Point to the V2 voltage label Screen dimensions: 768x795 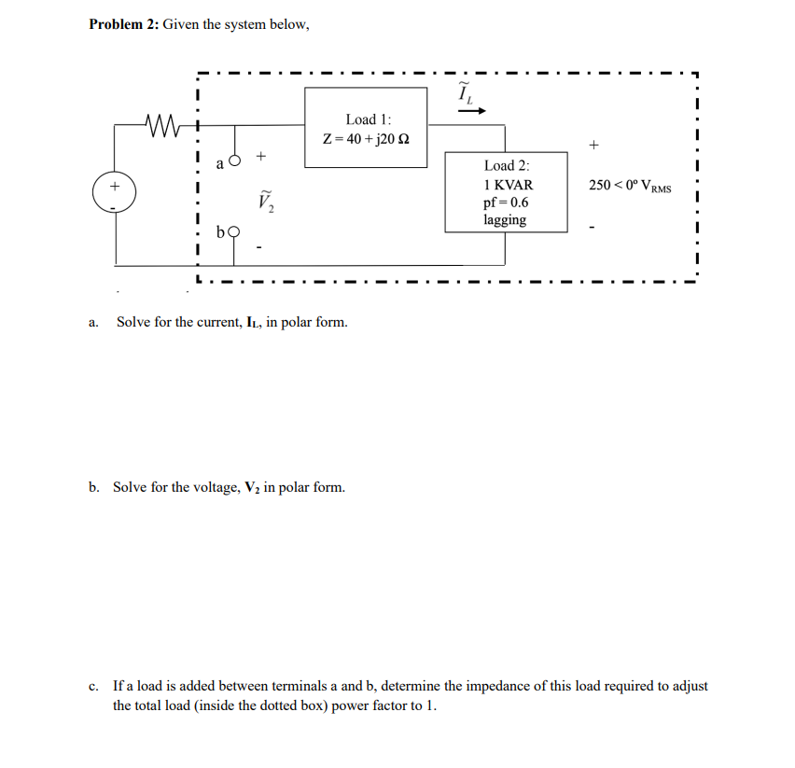pyautogui.click(x=263, y=200)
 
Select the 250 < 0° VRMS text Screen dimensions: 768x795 pyautogui.click(x=630, y=186)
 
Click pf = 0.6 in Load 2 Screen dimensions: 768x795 pyautogui.click(x=506, y=202)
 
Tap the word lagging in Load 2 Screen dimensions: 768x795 pyautogui.click(x=505, y=220)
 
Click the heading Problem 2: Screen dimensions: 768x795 pyautogui.click(x=123, y=24)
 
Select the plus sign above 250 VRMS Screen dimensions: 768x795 pyautogui.click(x=594, y=146)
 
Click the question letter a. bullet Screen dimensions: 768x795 pyautogui.click(x=93, y=323)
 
